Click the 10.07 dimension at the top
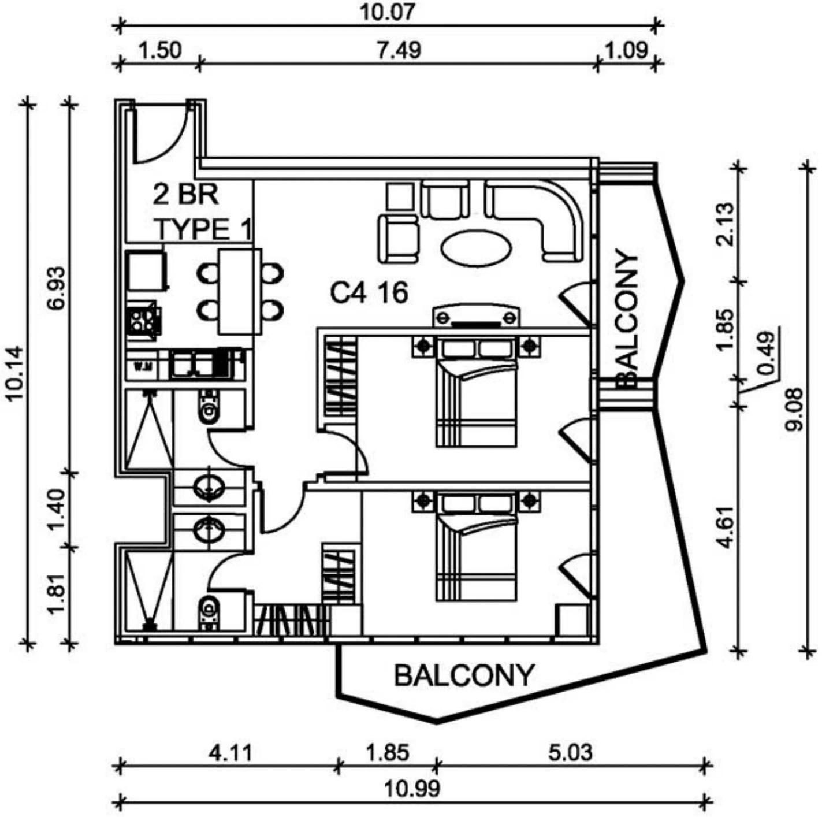click(x=387, y=12)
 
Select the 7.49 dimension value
click(x=399, y=50)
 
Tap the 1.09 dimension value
click(x=627, y=50)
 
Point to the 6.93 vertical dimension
click(x=57, y=288)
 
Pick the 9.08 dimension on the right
click(x=795, y=409)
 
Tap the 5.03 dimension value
click(x=570, y=752)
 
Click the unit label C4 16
click(x=369, y=293)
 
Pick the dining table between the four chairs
click(x=240, y=292)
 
